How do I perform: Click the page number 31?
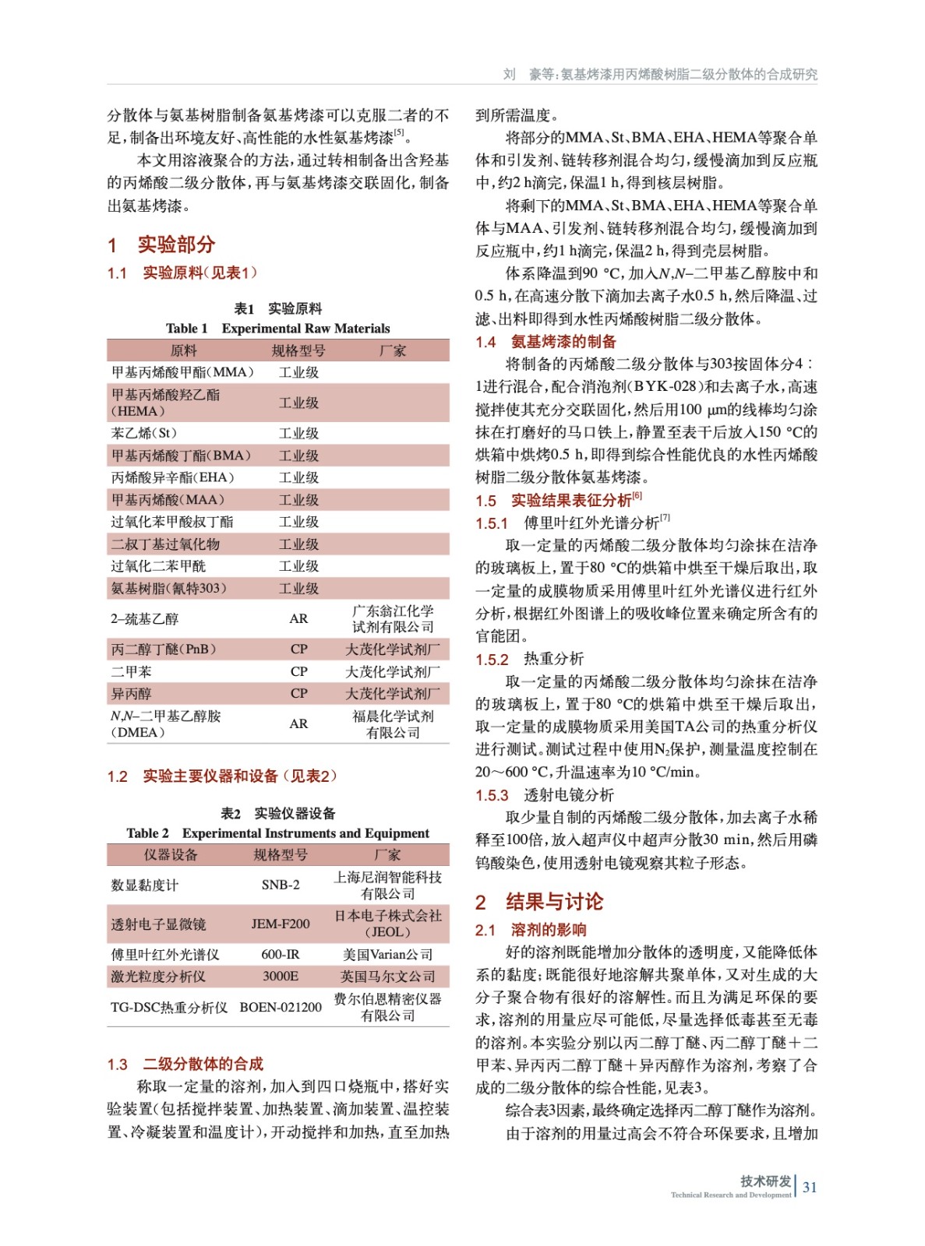(x=810, y=1187)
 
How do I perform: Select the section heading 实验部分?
(x=175, y=245)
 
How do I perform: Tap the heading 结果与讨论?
(x=553, y=902)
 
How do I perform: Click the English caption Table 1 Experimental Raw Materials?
(x=277, y=329)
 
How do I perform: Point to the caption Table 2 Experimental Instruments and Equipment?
(x=277, y=833)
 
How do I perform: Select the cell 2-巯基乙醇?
(x=145, y=619)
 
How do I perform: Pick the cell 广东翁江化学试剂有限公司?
(x=393, y=619)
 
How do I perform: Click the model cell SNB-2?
(x=281, y=885)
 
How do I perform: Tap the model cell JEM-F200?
(x=281, y=924)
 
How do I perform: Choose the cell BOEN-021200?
(x=281, y=1007)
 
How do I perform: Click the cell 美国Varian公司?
(x=387, y=954)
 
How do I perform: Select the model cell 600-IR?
(x=281, y=954)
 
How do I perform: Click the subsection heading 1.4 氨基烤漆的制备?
(x=546, y=341)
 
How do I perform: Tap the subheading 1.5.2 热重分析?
(x=530, y=659)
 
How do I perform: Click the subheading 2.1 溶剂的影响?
(x=531, y=930)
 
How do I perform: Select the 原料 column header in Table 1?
(x=184, y=350)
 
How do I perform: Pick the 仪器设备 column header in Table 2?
(x=171, y=855)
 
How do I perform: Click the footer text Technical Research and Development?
(x=730, y=1195)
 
